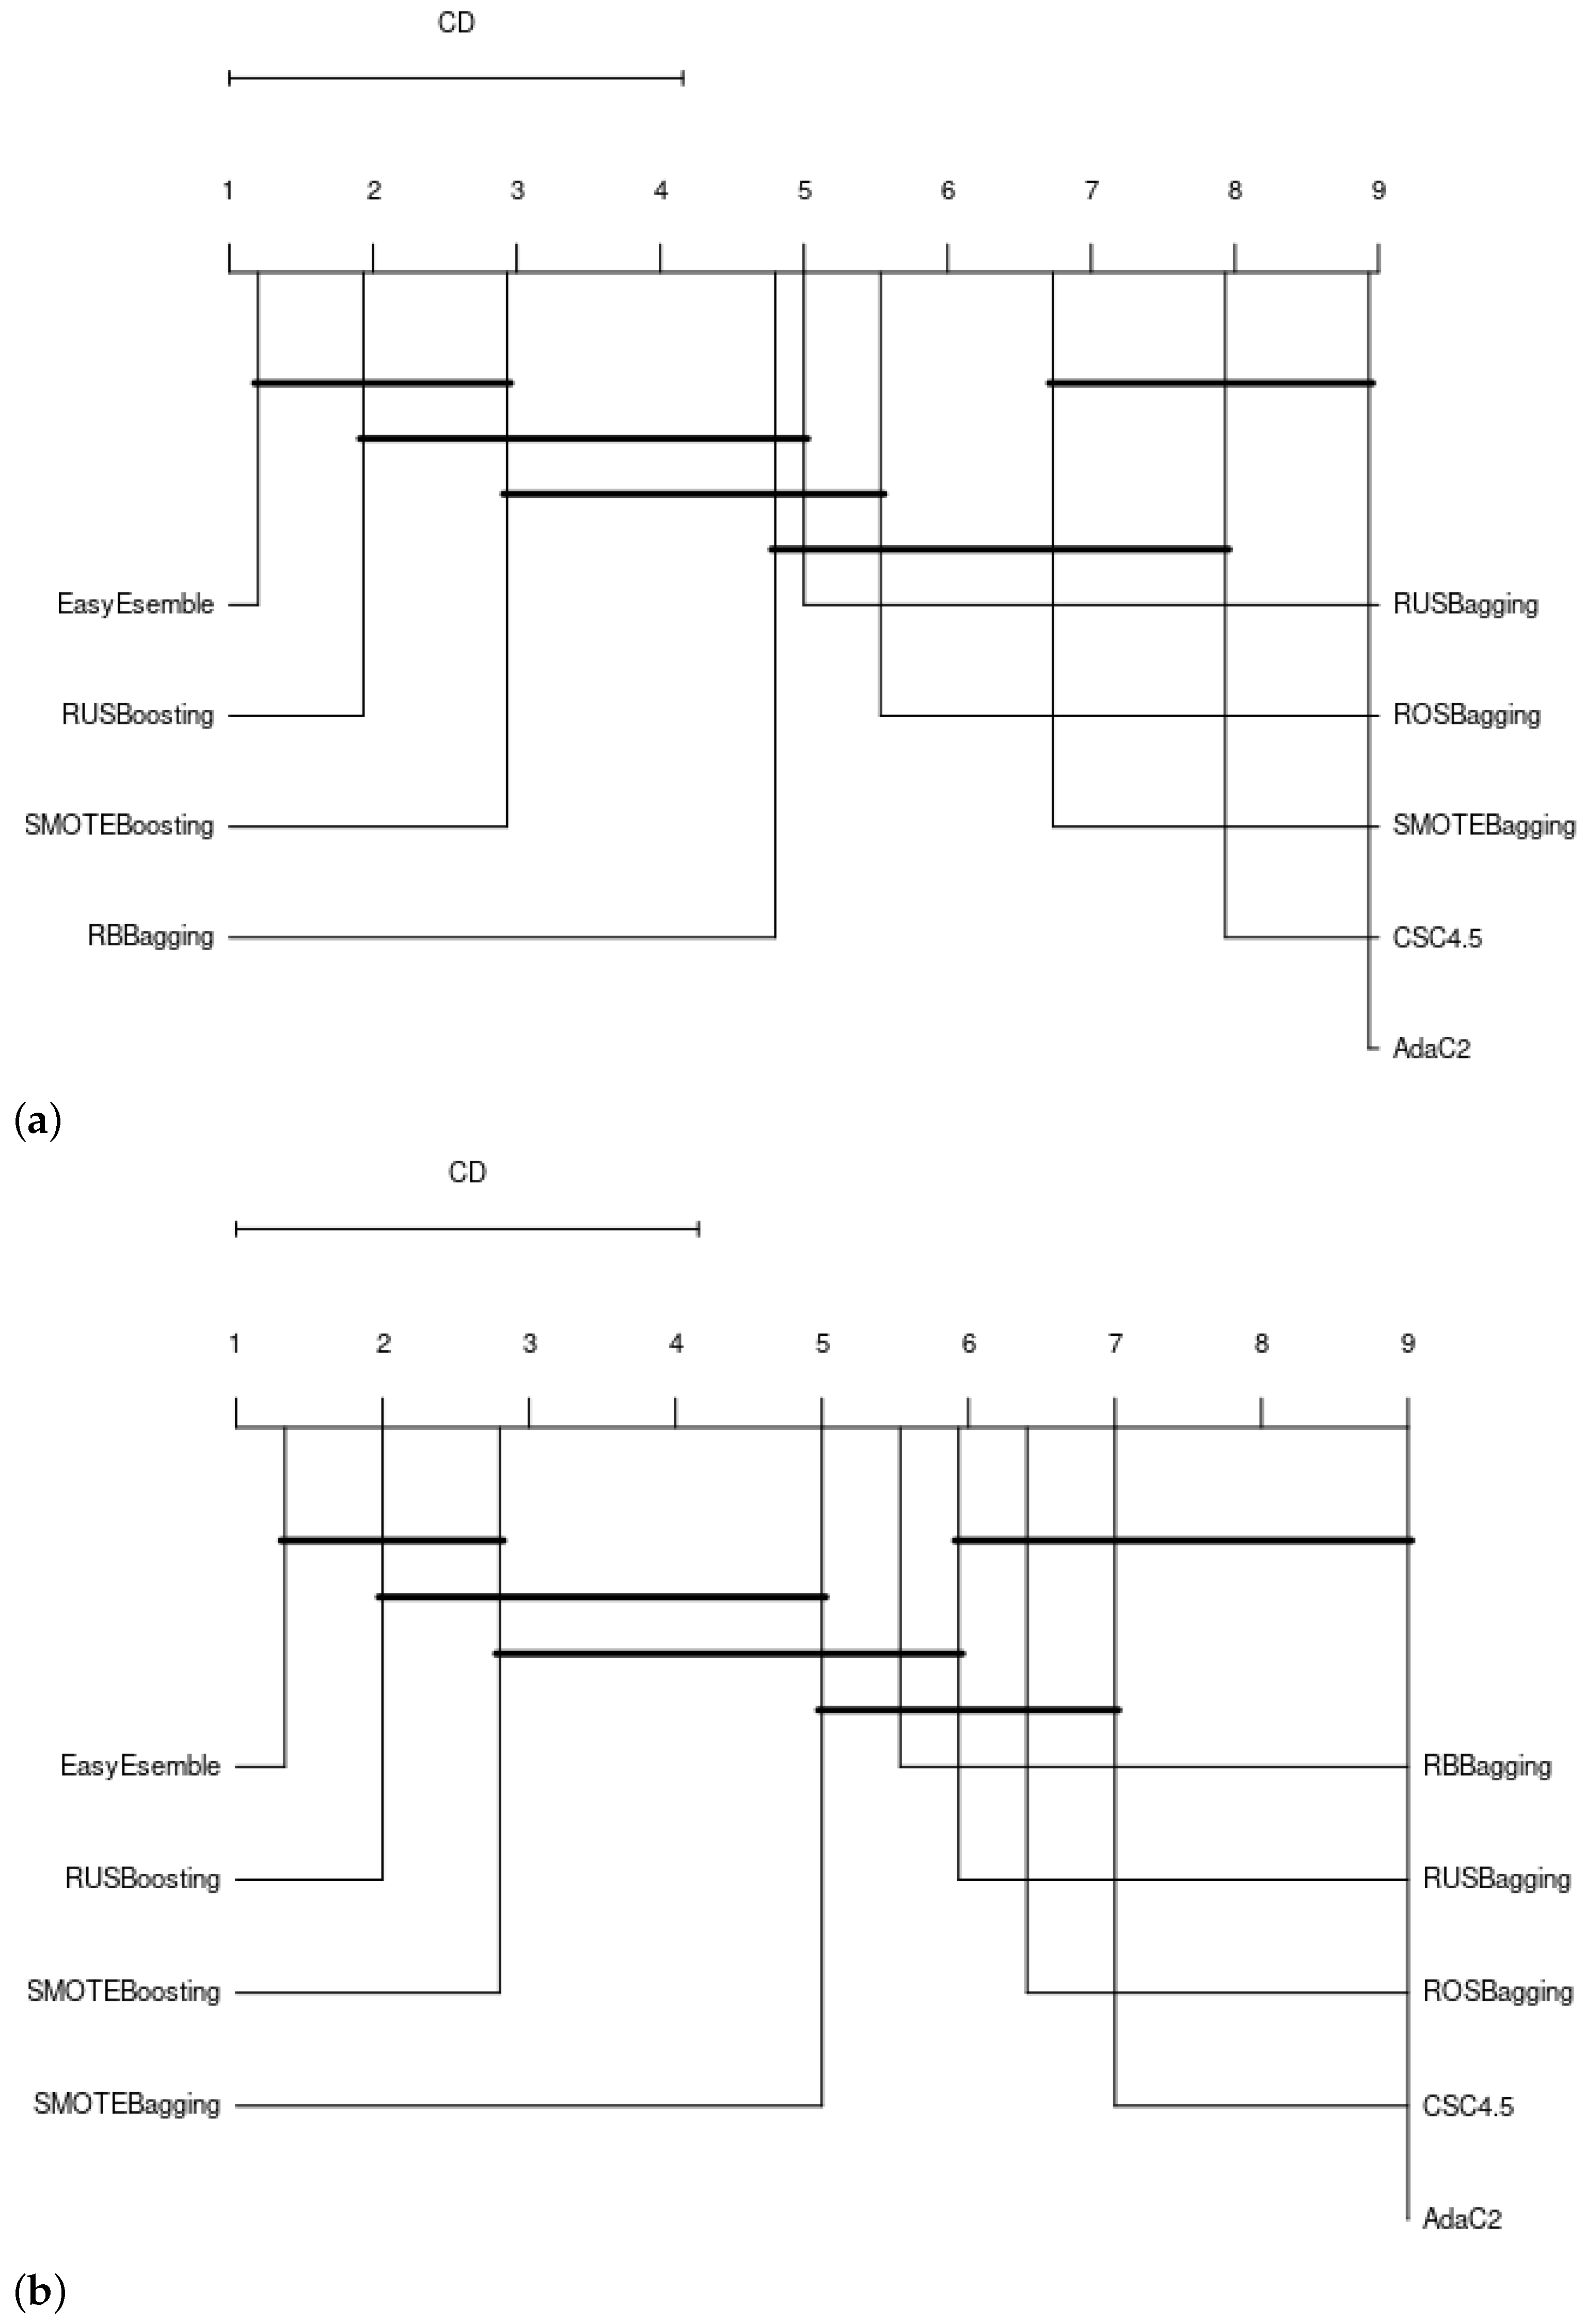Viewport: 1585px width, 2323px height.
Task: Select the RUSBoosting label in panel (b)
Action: click(142, 1878)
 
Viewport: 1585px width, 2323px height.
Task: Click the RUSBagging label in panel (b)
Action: click(1496, 1878)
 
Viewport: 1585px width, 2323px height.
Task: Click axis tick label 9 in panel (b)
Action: click(1407, 1344)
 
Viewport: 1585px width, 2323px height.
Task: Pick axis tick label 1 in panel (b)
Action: click(235, 1344)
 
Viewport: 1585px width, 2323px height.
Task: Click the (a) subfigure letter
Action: click(39, 1120)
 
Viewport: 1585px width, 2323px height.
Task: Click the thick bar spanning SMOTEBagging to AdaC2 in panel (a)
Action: click(1210, 383)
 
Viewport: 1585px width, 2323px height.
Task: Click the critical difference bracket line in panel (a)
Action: click(456, 78)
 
